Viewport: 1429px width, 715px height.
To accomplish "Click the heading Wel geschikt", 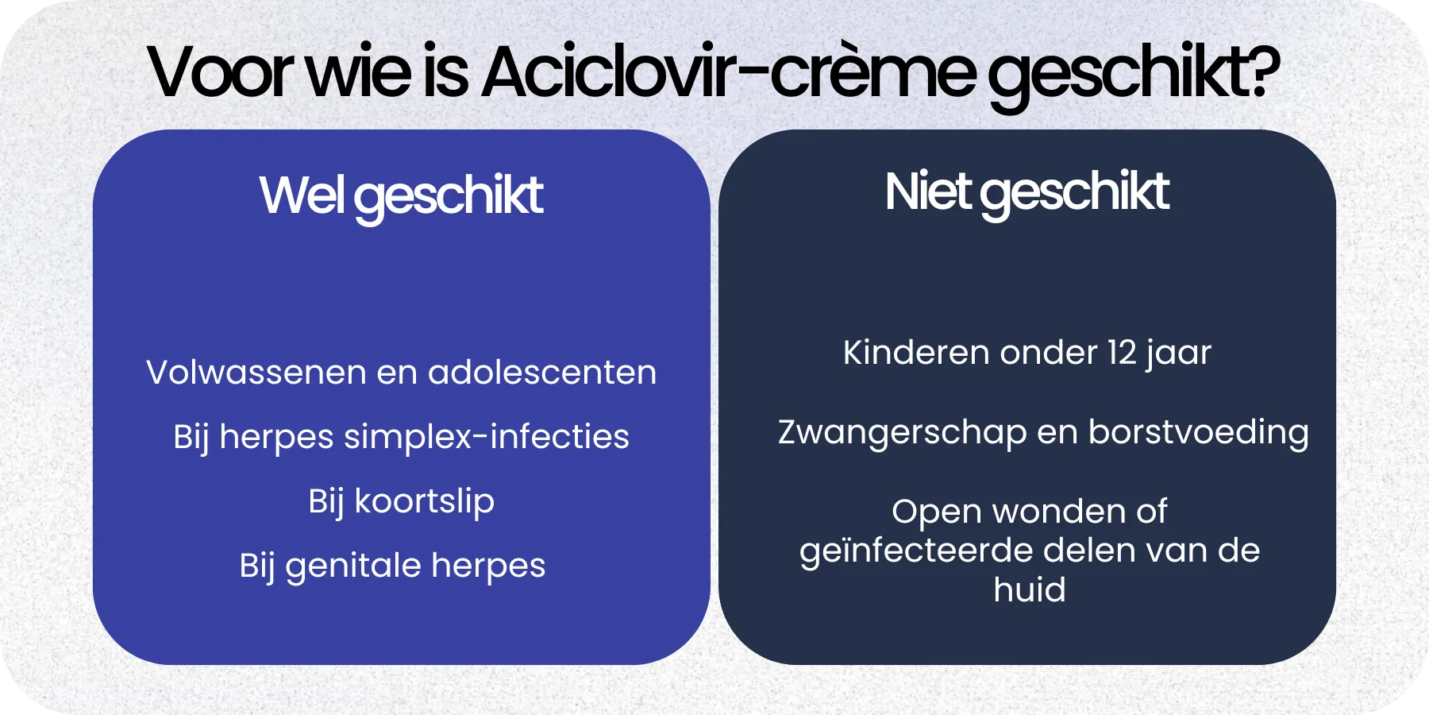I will (401, 195).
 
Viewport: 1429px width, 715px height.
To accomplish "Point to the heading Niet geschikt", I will (1026, 192).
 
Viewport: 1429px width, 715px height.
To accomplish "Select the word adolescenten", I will (542, 373).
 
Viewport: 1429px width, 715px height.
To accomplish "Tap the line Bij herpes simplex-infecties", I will (401, 437).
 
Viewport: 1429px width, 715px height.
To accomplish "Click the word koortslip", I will (424, 501).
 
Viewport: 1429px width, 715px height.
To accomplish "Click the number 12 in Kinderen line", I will (1122, 353).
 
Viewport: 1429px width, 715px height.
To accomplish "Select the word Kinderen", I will (916, 353).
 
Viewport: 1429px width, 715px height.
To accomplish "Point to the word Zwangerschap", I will (902, 433).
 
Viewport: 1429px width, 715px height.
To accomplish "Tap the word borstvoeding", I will (1198, 433).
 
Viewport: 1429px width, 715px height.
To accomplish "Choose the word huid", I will (1030, 590).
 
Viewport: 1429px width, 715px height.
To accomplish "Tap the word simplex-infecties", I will (486, 437).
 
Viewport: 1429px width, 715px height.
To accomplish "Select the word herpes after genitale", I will (488, 566).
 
